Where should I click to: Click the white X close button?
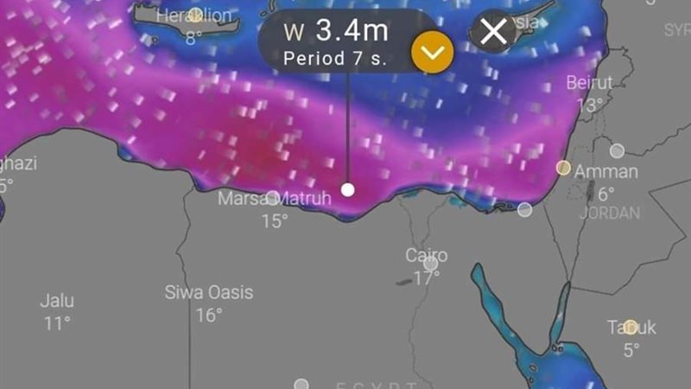pyautogui.click(x=493, y=32)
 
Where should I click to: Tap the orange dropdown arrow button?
pyautogui.click(x=432, y=53)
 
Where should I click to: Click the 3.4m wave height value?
pyautogui.click(x=351, y=31)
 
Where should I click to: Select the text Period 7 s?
pyautogui.click(x=334, y=59)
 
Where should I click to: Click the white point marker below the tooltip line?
pyautogui.click(x=347, y=189)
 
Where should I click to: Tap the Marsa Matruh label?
pyautogui.click(x=274, y=199)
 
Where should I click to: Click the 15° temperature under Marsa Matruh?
pyautogui.click(x=274, y=221)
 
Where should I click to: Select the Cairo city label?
pyautogui.click(x=427, y=255)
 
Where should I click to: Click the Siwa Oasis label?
pyautogui.click(x=209, y=292)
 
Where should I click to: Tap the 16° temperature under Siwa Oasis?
pyautogui.click(x=209, y=315)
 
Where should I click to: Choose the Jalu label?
pyautogui.click(x=57, y=301)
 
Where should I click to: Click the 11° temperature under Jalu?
pyautogui.click(x=57, y=323)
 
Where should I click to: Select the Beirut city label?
pyautogui.click(x=589, y=83)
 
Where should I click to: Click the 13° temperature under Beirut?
pyautogui.click(x=589, y=105)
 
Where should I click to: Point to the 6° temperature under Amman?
pyautogui.click(x=605, y=194)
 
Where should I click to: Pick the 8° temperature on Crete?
pyautogui.click(x=193, y=37)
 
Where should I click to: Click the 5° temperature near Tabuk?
pyautogui.click(x=631, y=349)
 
